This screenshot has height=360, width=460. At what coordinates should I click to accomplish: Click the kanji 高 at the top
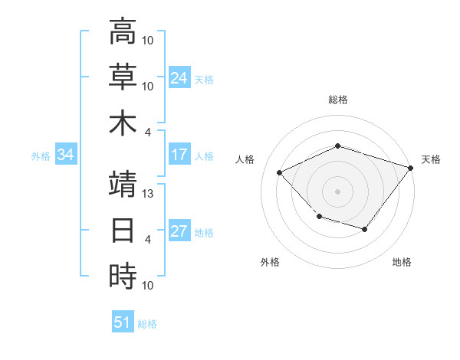pos(123,32)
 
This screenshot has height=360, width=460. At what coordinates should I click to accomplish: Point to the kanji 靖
pos(123,185)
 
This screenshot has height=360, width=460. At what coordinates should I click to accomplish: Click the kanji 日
pos(123,230)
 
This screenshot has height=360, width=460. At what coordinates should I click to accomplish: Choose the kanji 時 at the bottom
pos(123,276)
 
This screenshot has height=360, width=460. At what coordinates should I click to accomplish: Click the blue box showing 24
pos(179,77)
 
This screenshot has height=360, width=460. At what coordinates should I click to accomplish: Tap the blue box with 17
pos(179,155)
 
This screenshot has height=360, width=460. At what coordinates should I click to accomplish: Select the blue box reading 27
pos(179,232)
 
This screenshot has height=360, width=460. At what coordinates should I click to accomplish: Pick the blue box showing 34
pos(66,155)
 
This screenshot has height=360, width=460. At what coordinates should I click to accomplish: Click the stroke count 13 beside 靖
pos(149,194)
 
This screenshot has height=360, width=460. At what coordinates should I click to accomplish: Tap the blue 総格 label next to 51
pos(147,324)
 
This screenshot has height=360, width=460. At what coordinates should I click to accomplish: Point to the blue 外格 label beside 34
pos(41,156)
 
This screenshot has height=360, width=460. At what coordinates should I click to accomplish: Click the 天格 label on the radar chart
pos(432,159)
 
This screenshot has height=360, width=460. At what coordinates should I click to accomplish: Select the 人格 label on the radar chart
pos(245,159)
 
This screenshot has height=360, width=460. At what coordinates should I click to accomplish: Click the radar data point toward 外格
pos(319,217)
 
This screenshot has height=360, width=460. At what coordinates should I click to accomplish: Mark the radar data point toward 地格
pos(365,229)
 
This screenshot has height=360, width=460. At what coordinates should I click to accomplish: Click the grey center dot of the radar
pos(337,191)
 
